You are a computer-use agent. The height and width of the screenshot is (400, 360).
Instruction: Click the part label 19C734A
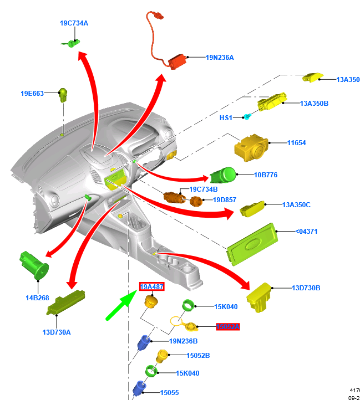[x=74, y=23]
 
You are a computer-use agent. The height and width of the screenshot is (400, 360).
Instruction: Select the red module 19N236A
[x=179, y=60]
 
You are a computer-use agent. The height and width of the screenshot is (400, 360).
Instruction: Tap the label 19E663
[x=32, y=94]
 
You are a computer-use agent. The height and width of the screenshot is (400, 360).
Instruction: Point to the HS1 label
[x=226, y=118]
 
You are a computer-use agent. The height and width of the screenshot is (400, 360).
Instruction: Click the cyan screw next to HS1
[x=248, y=116]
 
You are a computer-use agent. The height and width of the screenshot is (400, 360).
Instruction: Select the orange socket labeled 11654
[x=252, y=147]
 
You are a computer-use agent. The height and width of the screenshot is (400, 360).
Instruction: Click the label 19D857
[x=224, y=199]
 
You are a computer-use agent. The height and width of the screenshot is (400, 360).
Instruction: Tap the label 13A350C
[x=296, y=205]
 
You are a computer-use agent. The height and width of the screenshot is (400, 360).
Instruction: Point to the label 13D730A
[x=57, y=332]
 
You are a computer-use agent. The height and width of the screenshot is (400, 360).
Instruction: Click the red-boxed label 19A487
[x=151, y=286]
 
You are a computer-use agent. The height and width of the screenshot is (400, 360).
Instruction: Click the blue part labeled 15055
[x=140, y=386]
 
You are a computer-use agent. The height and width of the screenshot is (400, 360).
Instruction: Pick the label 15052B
[x=198, y=355]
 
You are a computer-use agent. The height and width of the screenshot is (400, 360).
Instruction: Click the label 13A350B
[x=315, y=104]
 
